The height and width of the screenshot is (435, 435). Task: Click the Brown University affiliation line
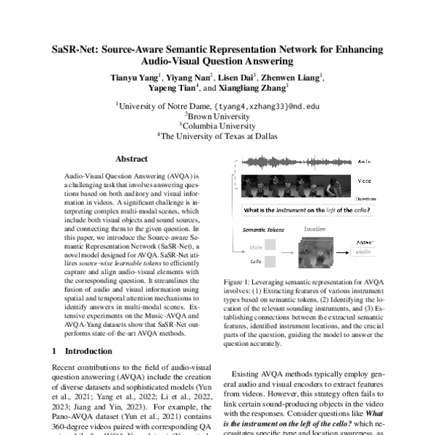coord(216,114)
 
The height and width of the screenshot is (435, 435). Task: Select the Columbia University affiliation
coord(216,124)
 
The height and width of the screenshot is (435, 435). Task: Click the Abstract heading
coord(131,159)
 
